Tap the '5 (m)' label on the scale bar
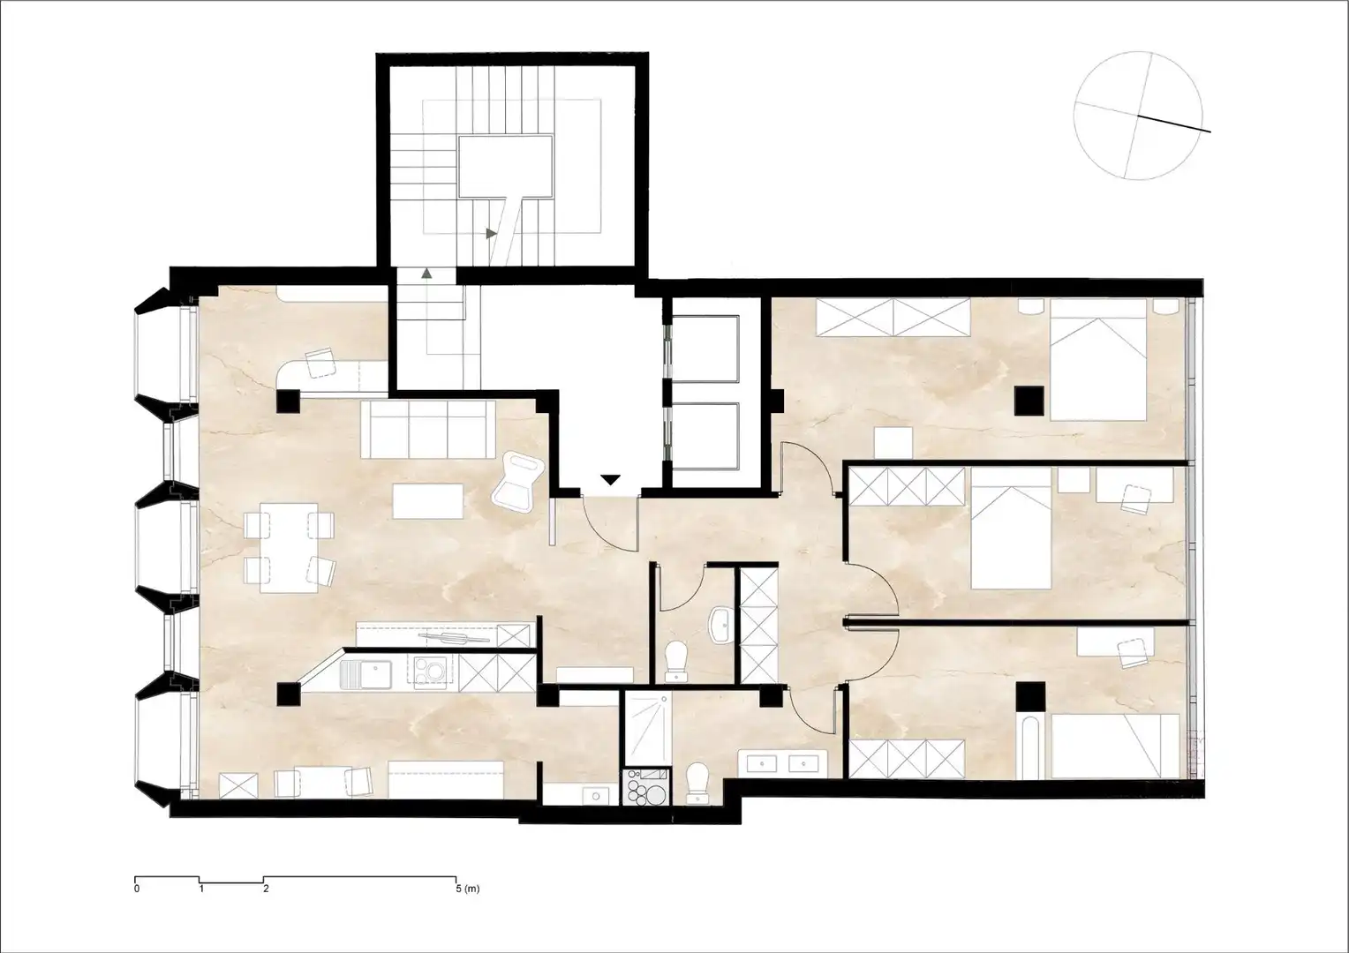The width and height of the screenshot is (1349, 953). (469, 889)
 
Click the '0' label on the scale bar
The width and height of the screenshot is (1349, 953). (137, 889)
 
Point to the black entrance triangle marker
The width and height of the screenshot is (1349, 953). (611, 480)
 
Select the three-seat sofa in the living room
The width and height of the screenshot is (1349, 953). (427, 430)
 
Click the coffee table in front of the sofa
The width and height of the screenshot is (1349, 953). (428, 501)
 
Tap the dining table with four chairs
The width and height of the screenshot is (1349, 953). (289, 548)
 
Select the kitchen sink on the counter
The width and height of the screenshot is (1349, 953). (366, 674)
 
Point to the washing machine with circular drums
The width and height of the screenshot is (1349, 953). (647, 786)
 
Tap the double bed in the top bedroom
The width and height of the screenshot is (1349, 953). (1098, 359)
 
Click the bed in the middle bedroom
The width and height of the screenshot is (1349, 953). (1011, 528)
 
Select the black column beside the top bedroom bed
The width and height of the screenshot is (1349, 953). (1029, 401)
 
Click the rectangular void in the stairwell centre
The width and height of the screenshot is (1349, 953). (505, 167)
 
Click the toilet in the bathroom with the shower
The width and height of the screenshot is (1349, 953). (698, 782)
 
